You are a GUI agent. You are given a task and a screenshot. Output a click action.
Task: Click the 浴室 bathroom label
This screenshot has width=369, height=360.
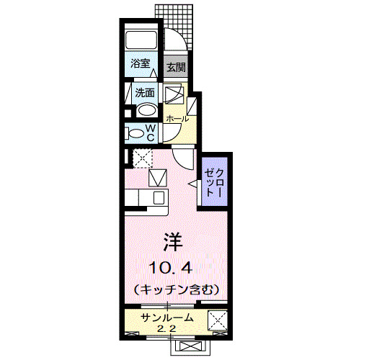(141, 63)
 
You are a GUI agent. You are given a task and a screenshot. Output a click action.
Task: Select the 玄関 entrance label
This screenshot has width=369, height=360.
(176, 68)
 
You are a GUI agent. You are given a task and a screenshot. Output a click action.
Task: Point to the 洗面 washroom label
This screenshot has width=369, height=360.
(145, 93)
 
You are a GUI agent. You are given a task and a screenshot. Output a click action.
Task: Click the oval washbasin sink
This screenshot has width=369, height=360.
(146, 111)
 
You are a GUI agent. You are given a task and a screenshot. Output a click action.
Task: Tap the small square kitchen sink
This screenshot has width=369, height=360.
(158, 177)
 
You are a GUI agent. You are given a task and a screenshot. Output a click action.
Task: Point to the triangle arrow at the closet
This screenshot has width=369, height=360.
(193, 185)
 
